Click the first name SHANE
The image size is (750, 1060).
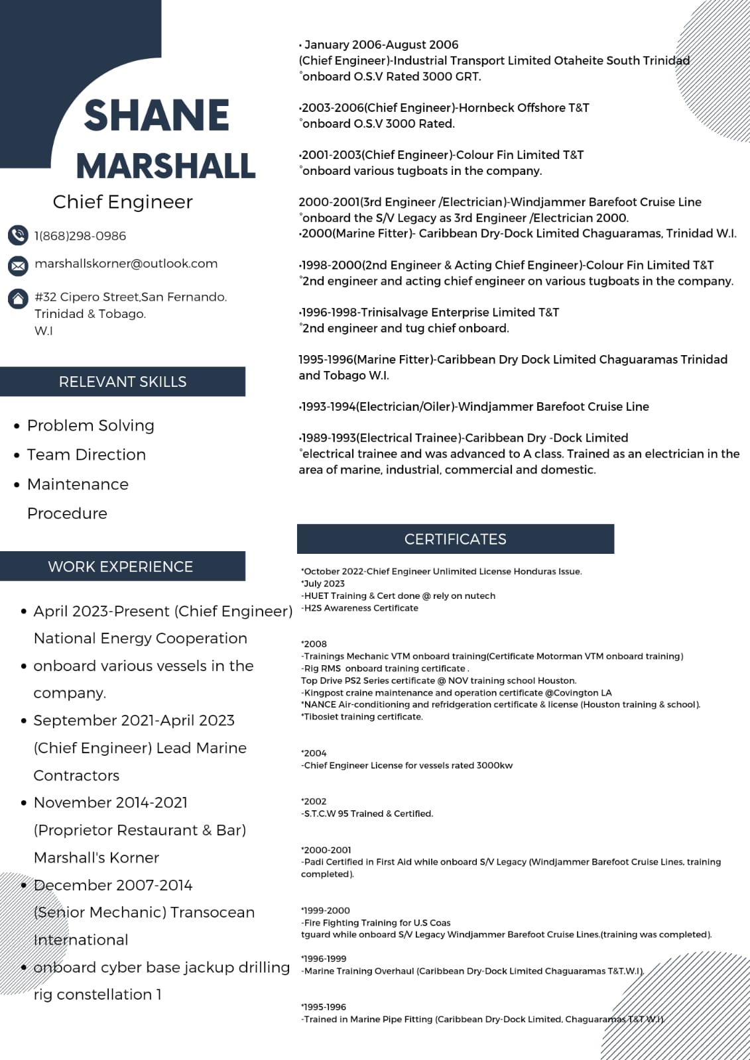click(x=156, y=115)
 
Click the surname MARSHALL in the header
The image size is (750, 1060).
click(x=166, y=166)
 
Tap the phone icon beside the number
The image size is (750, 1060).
click(x=18, y=235)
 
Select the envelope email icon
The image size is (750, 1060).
click(x=18, y=266)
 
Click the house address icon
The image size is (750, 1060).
click(x=18, y=299)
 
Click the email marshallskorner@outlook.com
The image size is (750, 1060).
click(x=126, y=264)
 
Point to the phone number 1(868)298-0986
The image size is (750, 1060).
click(x=80, y=236)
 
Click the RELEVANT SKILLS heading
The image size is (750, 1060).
click(x=123, y=382)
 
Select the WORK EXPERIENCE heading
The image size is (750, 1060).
click(x=121, y=566)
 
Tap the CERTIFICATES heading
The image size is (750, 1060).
click(x=455, y=539)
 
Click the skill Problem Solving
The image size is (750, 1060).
click(x=91, y=425)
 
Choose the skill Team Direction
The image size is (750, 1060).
click(x=86, y=454)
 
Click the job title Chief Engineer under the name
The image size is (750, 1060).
click(x=123, y=202)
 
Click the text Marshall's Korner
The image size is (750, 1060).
click(x=97, y=858)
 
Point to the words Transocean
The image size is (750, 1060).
click(x=212, y=912)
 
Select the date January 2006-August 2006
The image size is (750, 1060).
click(x=381, y=45)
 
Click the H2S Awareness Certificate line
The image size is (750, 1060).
click(x=361, y=608)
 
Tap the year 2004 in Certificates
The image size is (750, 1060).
click(x=315, y=753)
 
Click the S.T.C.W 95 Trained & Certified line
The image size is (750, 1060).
click(x=368, y=814)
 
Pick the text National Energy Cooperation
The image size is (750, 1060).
click(x=141, y=639)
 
